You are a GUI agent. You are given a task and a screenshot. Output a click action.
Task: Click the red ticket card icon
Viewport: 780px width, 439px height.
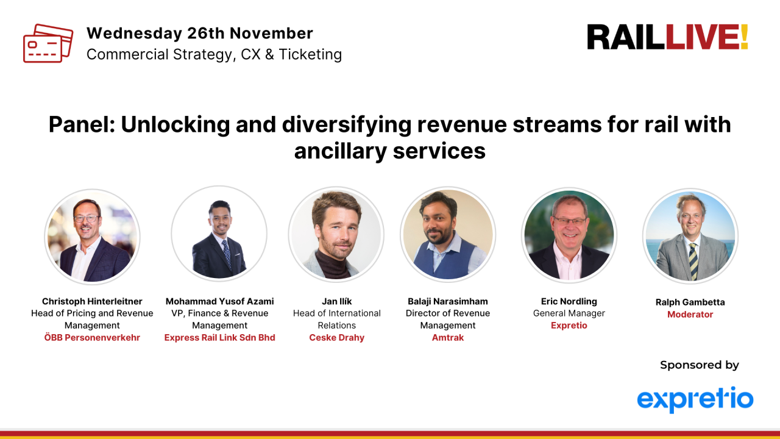point(48,43)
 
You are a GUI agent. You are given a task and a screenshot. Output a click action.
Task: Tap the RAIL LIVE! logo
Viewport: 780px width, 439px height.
point(667,37)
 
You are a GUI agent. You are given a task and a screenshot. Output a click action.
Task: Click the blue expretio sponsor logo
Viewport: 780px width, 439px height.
point(695,399)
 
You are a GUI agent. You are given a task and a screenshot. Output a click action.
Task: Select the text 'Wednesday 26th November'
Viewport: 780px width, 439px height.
point(199,33)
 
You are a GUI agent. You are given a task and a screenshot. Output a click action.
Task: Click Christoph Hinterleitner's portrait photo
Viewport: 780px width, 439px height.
point(92,237)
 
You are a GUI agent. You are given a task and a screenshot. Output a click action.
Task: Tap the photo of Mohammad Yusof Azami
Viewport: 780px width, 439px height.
point(219,234)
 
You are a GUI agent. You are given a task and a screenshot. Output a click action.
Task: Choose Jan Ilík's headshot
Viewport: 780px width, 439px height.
point(336,234)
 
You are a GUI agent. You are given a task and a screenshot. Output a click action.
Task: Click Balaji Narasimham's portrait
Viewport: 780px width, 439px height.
point(448,234)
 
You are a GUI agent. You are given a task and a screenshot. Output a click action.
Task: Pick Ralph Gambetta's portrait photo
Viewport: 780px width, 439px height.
point(690,236)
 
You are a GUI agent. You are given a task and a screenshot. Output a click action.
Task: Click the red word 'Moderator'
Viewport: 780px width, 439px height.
point(690,315)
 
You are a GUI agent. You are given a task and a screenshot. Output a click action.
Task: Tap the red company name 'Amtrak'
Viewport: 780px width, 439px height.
point(448,338)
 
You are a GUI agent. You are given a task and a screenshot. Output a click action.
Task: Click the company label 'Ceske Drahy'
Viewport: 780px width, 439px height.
point(336,338)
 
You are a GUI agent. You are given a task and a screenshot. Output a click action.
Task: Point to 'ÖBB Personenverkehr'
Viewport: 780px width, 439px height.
point(92,338)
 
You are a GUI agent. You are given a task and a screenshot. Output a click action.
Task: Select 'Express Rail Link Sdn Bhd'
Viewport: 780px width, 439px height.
point(219,338)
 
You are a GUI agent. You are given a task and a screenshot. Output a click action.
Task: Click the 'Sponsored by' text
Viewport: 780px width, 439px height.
point(699,365)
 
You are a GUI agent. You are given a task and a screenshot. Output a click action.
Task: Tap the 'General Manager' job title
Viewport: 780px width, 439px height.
point(569,313)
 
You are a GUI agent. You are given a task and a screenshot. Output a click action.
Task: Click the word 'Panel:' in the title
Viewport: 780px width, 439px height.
point(82,124)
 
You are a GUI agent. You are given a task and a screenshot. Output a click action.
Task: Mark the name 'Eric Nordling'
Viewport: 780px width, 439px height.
point(569,301)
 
